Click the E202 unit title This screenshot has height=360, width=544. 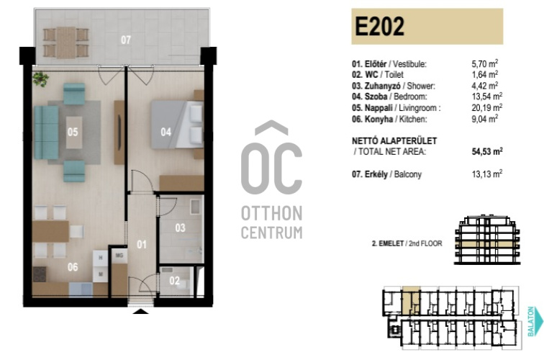point(379,27)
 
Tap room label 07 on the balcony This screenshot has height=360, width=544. point(126,40)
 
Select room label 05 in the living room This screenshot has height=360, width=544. point(73,132)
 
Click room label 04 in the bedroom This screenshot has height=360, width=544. point(166,132)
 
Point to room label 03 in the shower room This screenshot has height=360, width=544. point(180,228)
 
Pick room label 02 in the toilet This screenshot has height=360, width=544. point(175,281)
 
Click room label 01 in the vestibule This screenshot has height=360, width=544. point(142,244)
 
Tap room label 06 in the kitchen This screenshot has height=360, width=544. point(73,266)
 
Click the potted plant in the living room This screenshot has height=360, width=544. point(40,79)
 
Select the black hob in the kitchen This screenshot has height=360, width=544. point(40,274)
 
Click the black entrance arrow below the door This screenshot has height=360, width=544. point(140,311)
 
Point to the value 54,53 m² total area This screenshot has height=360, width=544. point(487,151)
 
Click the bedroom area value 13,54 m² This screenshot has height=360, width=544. point(486,96)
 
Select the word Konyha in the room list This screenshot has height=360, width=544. point(378,119)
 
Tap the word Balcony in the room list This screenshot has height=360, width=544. point(408,174)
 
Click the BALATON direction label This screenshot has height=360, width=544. point(531,321)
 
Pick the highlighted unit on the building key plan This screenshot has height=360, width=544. point(411,299)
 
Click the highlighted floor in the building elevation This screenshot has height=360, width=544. point(487,244)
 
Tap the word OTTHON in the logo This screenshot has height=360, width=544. point(272,213)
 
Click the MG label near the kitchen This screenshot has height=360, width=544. point(119,256)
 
